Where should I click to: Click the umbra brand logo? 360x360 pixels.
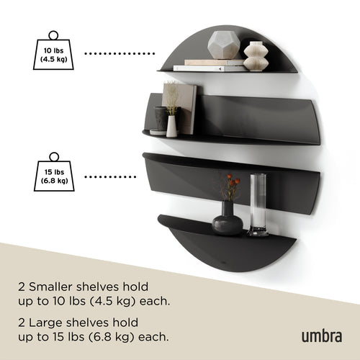pos(320,335)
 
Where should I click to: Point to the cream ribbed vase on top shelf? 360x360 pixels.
pos(256,56)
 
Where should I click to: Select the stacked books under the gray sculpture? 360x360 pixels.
pos(209,66)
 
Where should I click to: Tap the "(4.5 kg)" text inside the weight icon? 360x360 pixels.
pos(53,60)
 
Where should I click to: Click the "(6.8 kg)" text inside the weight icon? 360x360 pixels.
pos(53,181)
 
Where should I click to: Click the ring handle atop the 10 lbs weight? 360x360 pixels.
pos(53,35)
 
